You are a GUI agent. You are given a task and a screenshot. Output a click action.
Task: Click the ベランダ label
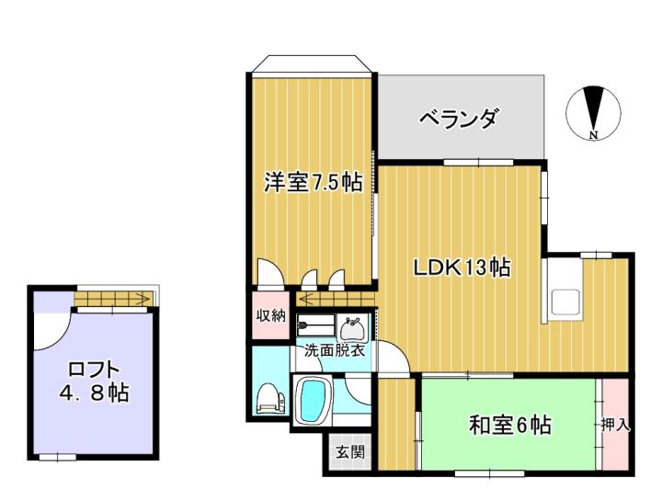458,118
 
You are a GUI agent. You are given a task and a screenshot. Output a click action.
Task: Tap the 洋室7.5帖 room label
314,182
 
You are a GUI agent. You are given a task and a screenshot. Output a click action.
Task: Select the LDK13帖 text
462,268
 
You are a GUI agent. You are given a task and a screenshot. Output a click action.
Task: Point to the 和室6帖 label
510,425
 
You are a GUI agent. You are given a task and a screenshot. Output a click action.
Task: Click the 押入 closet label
615,425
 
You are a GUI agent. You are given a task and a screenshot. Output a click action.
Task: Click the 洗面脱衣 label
335,351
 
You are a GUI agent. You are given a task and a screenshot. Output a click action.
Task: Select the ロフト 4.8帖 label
93,381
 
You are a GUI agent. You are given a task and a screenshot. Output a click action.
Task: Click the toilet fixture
270,397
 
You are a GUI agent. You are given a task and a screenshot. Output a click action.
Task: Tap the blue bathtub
313,399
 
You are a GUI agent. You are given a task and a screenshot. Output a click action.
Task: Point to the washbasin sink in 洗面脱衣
351,328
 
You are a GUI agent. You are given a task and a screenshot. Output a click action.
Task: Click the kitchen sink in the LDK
565,302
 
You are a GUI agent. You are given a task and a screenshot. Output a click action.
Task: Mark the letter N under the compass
594,135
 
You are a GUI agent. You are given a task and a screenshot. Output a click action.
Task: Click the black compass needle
594,108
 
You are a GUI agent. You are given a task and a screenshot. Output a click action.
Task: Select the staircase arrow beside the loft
113,299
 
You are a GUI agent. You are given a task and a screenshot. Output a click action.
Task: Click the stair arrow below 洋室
336,300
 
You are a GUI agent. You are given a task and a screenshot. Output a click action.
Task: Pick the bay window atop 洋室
312,64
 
